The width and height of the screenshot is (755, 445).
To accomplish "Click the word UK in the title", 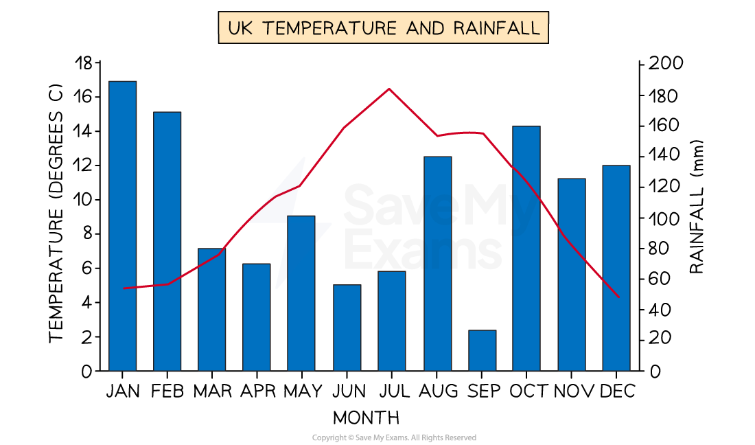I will click(x=239, y=28).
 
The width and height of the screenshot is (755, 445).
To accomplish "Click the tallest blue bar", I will click(x=123, y=227).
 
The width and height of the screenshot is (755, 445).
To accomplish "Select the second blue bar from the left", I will click(x=167, y=241).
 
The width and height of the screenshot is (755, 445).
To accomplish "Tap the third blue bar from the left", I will click(x=211, y=310).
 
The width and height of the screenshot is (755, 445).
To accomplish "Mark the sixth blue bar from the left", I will click(x=347, y=328).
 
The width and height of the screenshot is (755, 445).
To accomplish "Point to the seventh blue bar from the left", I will click(x=392, y=321).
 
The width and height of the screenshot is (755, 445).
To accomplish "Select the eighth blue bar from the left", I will click(x=438, y=264).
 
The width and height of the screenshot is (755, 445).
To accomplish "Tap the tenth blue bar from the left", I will click(x=526, y=249).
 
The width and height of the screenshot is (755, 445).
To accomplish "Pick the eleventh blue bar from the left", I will click(x=572, y=275).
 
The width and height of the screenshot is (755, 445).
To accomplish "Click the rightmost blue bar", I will click(x=616, y=268).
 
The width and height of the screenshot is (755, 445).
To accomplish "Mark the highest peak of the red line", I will click(x=389, y=89).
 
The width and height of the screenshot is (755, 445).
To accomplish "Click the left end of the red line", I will click(x=124, y=288).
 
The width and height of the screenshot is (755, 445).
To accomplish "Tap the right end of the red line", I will click(x=619, y=297).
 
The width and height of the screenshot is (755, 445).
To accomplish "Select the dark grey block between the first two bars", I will click(x=145, y=330).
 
